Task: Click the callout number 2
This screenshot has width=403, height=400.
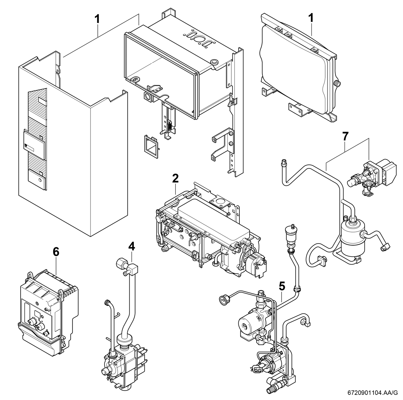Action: [175, 179]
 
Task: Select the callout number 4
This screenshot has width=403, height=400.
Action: [132, 246]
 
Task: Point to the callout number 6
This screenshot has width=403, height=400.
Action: [56, 252]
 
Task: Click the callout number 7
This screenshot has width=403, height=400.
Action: [345, 136]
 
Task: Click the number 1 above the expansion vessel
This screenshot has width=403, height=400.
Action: [311, 18]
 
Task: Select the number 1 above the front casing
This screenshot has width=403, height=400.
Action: [97, 19]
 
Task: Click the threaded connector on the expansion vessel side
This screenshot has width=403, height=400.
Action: [337, 83]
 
